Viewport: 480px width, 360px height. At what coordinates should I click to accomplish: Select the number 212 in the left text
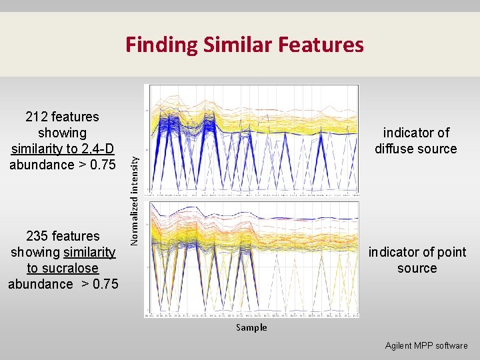[37, 117]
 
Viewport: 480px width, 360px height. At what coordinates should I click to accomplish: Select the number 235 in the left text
[37, 236]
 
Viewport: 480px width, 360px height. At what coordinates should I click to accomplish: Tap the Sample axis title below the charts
[251, 327]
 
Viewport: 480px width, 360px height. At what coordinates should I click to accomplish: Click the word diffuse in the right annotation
[393, 149]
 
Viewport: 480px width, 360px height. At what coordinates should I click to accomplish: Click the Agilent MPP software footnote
[426, 345]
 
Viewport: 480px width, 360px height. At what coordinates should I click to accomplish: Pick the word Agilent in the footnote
[399, 345]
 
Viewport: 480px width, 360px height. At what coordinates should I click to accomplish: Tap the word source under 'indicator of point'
[417, 268]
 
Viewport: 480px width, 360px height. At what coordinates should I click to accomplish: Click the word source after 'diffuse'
[436, 149]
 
